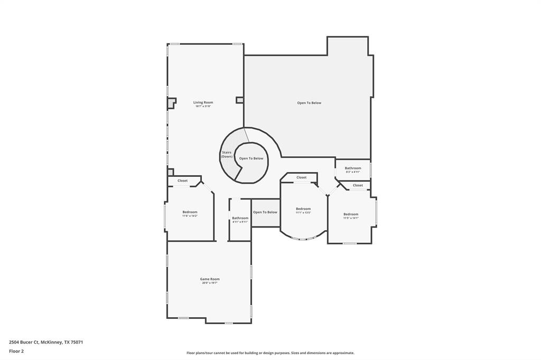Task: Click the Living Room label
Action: (x=203, y=102)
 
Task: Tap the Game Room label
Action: (x=210, y=279)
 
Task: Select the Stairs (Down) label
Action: (x=227, y=154)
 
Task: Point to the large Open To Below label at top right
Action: (x=309, y=103)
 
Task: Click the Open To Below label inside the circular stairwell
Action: (x=251, y=158)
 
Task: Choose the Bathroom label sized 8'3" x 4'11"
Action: (x=353, y=168)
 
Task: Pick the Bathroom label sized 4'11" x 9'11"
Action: (x=240, y=218)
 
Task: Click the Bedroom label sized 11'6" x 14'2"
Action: (x=190, y=212)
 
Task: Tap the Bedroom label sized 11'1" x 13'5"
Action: (x=303, y=209)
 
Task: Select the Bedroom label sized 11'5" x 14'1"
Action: (x=351, y=214)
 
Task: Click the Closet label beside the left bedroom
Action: (x=182, y=181)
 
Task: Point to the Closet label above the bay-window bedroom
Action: (x=301, y=177)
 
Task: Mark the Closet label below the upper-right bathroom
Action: (x=358, y=185)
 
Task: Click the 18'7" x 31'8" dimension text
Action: (x=203, y=107)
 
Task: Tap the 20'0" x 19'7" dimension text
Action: (x=210, y=283)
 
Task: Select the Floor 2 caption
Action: (x=16, y=350)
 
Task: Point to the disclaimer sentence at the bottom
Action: (x=270, y=353)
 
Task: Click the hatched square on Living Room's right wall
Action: (x=239, y=100)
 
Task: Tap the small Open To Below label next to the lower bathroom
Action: (x=265, y=212)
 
